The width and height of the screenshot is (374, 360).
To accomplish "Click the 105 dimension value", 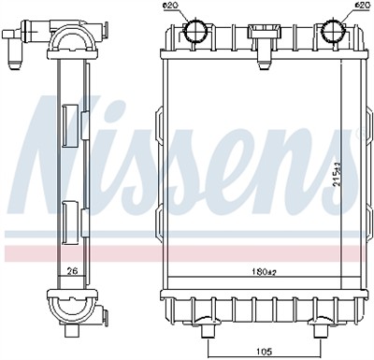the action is pyautogui.click(x=264, y=352).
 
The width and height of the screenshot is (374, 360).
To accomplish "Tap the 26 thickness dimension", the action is pyautogui.click(x=73, y=271).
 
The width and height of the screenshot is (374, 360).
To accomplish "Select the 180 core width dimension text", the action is pyautogui.click(x=265, y=272).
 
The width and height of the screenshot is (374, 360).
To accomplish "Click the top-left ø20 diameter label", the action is pyautogui.click(x=172, y=6).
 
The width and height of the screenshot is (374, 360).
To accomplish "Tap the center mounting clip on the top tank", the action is pyautogui.click(x=264, y=44).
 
